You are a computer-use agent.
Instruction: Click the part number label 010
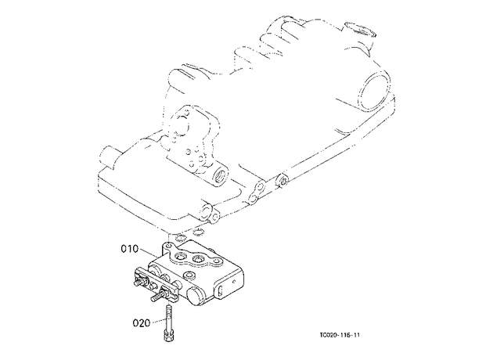click(130, 249)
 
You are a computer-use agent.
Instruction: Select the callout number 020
click(141, 323)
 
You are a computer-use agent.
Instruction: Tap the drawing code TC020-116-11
click(340, 335)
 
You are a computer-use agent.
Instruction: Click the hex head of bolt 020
click(169, 336)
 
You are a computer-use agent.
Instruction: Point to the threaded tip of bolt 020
click(169, 308)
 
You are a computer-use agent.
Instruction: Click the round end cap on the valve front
click(196, 296)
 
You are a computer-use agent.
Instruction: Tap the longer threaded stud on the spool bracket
click(158, 296)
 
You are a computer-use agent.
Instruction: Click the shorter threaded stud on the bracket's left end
click(139, 283)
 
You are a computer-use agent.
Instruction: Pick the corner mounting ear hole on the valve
click(170, 246)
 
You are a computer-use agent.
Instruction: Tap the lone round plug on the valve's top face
click(189, 275)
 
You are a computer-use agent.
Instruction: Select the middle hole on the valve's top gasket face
click(198, 259)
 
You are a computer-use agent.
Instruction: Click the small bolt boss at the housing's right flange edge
click(282, 181)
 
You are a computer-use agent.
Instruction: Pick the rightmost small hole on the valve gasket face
click(216, 261)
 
